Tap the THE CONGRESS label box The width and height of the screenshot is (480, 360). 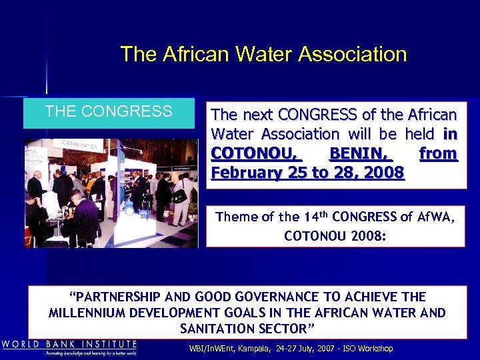coord(109,112)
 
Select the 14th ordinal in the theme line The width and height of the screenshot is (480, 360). coord(317,216)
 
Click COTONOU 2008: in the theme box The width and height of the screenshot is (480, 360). coord(335,236)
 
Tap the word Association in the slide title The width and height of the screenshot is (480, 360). coord(353,54)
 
